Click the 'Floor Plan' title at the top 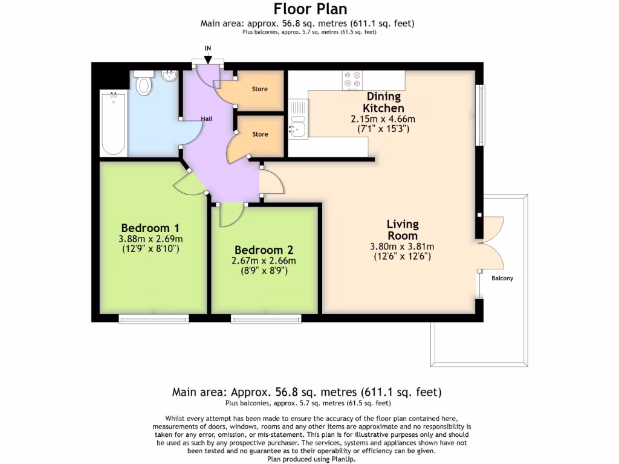coord(310,8)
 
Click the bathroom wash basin coord(170,76)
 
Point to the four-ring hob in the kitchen coord(352,80)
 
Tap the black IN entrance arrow coord(208,60)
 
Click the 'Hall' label coord(207,118)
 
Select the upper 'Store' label coord(260,89)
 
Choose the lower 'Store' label coord(260,134)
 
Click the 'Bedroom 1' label coord(150,228)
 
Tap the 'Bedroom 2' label coord(264,250)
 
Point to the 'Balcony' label coord(502,278)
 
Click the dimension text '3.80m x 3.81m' coord(402,246)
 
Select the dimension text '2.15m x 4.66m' coord(383,119)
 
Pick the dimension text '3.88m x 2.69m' coord(151,239)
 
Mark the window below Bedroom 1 coord(154,319)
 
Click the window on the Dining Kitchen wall coord(480,115)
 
